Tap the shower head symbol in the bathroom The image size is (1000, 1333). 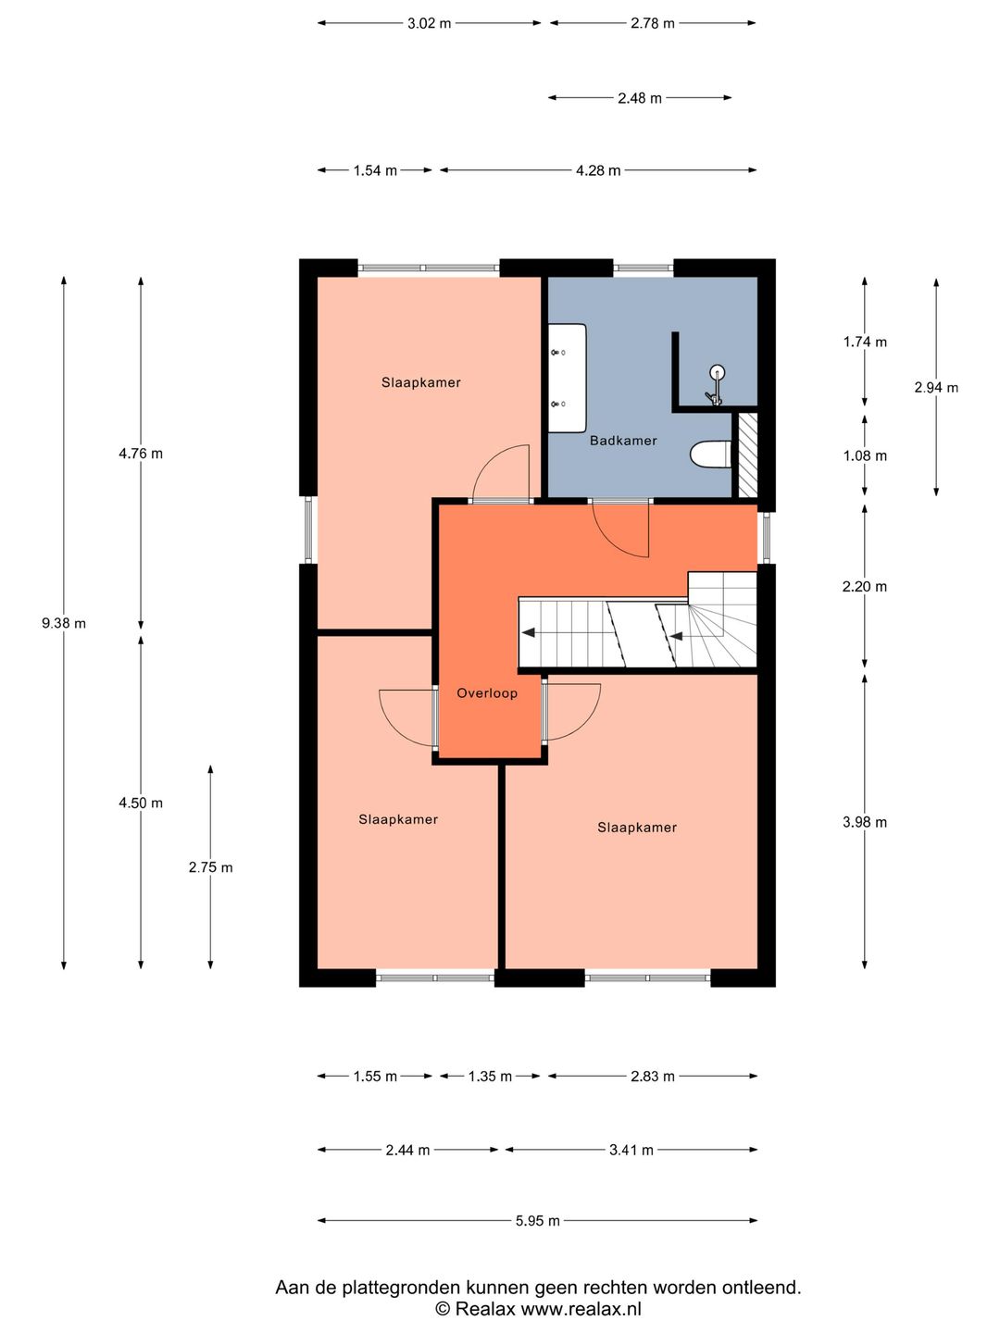pyautogui.click(x=717, y=385)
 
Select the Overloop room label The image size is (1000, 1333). pyautogui.click(x=487, y=693)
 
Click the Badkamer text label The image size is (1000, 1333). pyautogui.click(x=623, y=441)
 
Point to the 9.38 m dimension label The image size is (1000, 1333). pyautogui.click(x=64, y=623)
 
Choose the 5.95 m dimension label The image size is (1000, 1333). pyautogui.click(x=538, y=1221)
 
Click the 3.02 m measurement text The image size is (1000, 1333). pyautogui.click(x=430, y=24)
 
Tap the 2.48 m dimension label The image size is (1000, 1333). pyautogui.click(x=640, y=98)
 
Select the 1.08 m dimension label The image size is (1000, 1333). pyautogui.click(x=865, y=456)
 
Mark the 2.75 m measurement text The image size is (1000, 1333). pyautogui.click(x=211, y=867)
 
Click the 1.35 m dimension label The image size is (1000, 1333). pyautogui.click(x=490, y=1077)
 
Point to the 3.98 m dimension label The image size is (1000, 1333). pyautogui.click(x=865, y=822)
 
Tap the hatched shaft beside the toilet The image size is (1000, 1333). pyautogui.click(x=748, y=455)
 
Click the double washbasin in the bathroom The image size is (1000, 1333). pyautogui.click(x=567, y=378)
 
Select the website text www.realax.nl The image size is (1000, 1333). pyautogui.click(x=581, y=1308)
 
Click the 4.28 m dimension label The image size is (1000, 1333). pyautogui.click(x=599, y=170)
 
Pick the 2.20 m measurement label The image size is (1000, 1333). pyautogui.click(x=865, y=587)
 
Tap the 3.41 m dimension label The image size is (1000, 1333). pyautogui.click(x=631, y=1151)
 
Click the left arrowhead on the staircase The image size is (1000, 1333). pyautogui.click(x=528, y=633)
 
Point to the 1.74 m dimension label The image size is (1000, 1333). pyautogui.click(x=865, y=343)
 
